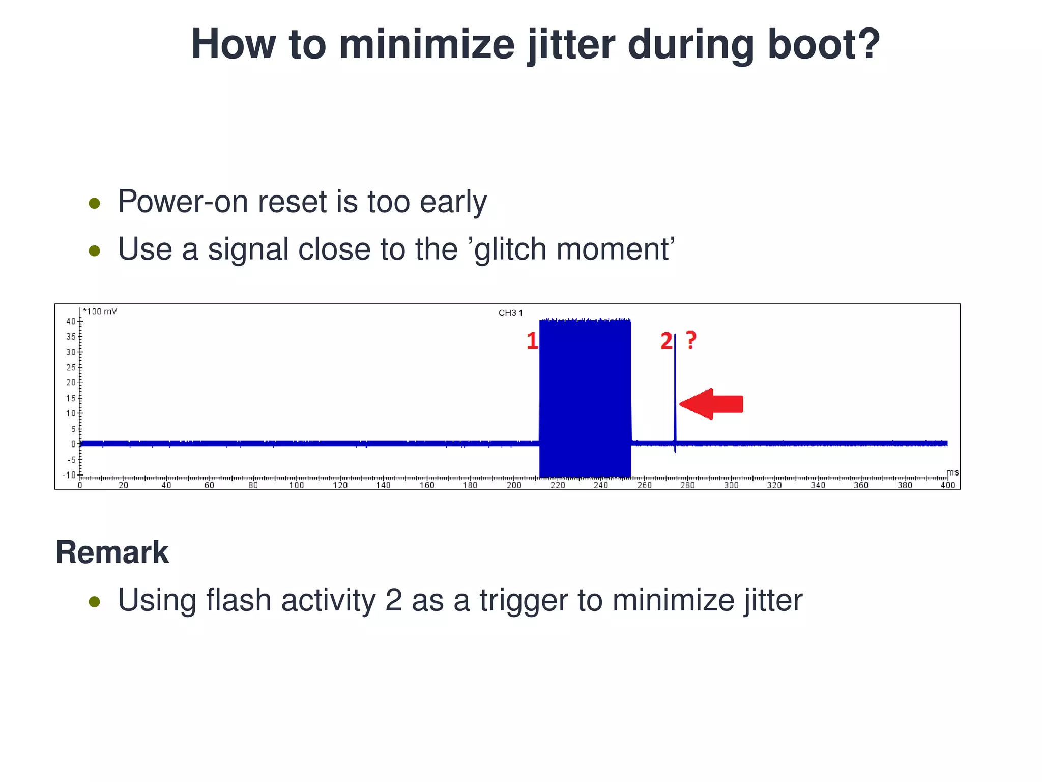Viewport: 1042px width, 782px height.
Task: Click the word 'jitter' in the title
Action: pos(571,45)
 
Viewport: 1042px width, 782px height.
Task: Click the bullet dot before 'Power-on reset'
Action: pos(94,204)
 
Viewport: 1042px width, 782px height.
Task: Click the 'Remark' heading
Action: pos(112,552)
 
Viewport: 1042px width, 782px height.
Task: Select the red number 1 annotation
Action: pos(532,341)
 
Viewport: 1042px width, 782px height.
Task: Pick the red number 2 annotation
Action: pos(666,341)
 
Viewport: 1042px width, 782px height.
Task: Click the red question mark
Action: pos(691,340)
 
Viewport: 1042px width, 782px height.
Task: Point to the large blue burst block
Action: pos(585,397)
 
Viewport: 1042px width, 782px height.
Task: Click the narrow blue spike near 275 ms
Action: pos(675,392)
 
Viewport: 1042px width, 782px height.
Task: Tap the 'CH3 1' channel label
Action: pos(510,313)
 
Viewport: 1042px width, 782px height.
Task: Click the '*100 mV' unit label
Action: pos(100,311)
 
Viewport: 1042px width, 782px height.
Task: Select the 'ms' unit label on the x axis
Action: pos(952,472)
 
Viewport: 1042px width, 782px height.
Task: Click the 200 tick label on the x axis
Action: pos(514,485)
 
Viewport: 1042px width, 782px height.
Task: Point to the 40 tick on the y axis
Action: pos(71,321)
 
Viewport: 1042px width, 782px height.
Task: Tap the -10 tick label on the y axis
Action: pos(69,475)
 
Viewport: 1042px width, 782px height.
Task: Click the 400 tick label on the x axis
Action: pos(947,485)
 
